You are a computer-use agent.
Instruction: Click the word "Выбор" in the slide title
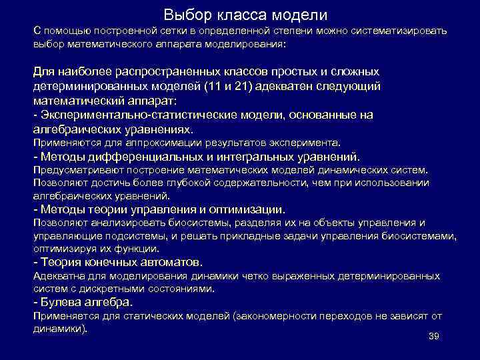click(x=186, y=14)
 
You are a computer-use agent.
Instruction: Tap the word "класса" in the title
click(x=237, y=14)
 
